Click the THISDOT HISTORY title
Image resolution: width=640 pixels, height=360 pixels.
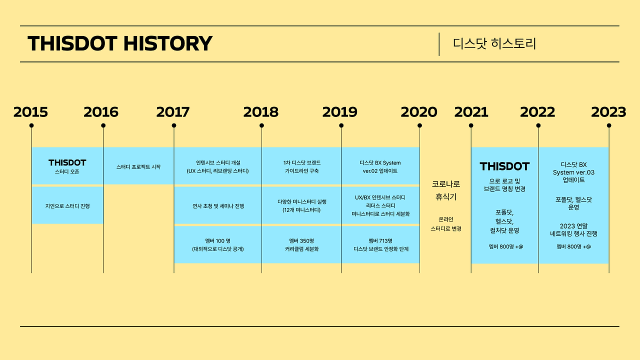[120, 43]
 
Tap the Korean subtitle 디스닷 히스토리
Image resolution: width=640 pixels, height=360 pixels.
[494, 43]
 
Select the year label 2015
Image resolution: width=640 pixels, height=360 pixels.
[30, 112]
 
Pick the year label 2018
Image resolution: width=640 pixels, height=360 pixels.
[261, 112]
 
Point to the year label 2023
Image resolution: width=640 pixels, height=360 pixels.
[608, 112]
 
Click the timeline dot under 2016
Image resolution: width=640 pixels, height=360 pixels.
[103, 125]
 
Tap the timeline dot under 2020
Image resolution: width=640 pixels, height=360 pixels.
[419, 125]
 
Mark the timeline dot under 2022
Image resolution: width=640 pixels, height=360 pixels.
[538, 125]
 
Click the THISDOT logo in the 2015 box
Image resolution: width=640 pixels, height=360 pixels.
[67, 163]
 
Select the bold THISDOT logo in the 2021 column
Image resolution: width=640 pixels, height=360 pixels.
[504, 166]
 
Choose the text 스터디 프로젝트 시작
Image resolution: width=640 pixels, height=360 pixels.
[138, 167]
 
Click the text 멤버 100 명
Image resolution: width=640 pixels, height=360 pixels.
[217, 241]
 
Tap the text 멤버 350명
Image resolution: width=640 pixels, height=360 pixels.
[301, 241]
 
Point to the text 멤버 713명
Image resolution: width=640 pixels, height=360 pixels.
[380, 241]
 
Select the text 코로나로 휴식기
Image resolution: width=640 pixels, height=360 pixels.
[446, 190]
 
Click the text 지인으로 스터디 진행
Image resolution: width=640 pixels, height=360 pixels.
[67, 206]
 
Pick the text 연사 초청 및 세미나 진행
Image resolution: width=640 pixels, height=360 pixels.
[218, 206]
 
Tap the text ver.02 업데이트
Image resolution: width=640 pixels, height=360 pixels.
[380, 171]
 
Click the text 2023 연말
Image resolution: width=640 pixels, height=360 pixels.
[573, 226]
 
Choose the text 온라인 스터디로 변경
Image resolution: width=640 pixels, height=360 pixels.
[446, 224]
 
